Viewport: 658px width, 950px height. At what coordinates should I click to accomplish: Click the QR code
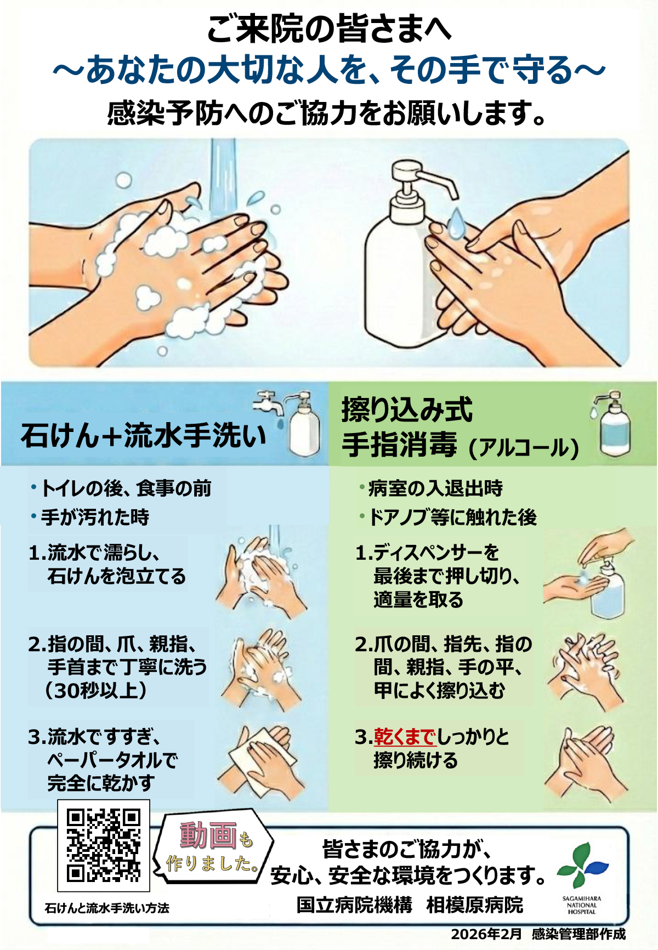point(104,845)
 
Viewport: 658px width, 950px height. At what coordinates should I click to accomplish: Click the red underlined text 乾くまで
point(405,737)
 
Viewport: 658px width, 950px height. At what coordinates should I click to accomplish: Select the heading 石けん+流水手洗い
point(144,436)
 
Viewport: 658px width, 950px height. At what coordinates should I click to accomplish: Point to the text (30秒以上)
point(96,690)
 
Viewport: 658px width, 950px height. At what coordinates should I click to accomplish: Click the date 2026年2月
point(486,934)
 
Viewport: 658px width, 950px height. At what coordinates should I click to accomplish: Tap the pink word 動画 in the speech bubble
point(208,835)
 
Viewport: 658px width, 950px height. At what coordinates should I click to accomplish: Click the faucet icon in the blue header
point(269,405)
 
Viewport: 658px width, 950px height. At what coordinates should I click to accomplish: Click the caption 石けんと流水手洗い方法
point(107,908)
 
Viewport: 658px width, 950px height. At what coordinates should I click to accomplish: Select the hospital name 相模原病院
point(475,905)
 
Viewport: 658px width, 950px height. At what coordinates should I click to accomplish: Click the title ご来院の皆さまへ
point(329,29)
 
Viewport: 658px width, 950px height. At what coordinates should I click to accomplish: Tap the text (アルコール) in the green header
point(524,447)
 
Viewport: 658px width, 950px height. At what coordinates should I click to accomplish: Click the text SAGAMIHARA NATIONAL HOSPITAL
point(582,905)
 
